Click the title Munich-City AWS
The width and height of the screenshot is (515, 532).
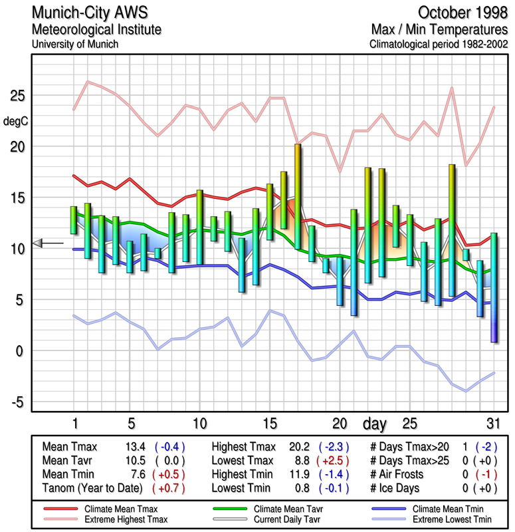click(x=86, y=13)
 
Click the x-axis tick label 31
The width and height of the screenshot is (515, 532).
click(x=493, y=424)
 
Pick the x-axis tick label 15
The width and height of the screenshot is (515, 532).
click(x=269, y=424)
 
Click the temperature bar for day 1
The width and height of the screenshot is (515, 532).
click(x=74, y=220)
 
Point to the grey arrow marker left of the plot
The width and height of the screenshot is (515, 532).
click(x=39, y=243)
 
